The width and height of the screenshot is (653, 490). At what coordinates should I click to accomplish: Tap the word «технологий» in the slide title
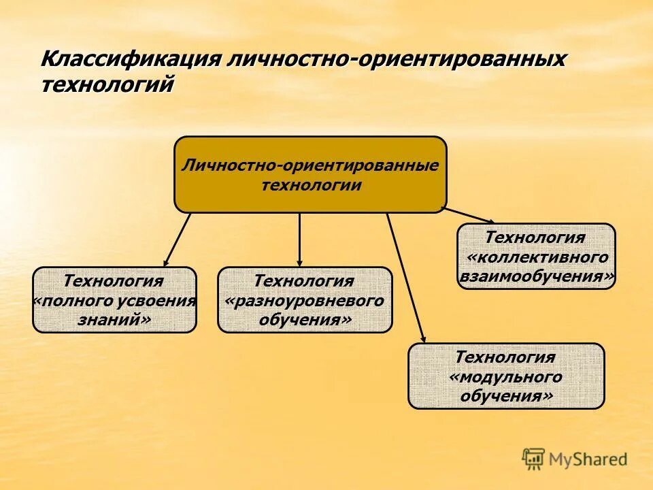108,85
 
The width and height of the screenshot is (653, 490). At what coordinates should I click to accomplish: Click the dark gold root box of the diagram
310,175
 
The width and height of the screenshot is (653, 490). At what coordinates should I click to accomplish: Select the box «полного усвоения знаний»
114,299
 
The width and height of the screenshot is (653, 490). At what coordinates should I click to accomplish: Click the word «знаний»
114,318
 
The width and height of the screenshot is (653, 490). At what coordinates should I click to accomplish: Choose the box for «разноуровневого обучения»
304,299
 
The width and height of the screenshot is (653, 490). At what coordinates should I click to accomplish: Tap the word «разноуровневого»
304,300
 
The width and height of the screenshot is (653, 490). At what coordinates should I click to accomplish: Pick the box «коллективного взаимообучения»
536,257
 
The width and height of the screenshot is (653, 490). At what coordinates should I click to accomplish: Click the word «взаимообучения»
537,276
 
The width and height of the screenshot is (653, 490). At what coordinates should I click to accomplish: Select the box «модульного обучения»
505,376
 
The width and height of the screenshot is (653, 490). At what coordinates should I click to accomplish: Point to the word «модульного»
505,376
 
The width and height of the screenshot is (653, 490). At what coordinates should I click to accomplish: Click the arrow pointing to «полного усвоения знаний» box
177,240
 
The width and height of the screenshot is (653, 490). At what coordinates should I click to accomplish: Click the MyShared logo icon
533,458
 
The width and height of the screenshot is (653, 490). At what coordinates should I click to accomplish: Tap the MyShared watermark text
588,459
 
